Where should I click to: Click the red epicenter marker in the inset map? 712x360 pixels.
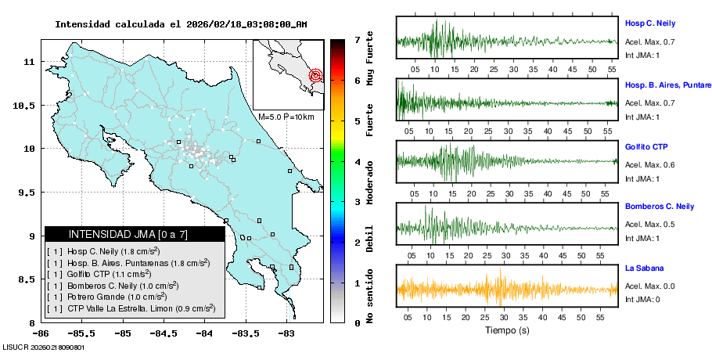click(x=315, y=76)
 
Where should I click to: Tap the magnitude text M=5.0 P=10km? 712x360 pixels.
click(x=286, y=117)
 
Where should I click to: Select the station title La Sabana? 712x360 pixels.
click(x=644, y=268)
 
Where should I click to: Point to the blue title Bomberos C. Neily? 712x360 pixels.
click(x=660, y=207)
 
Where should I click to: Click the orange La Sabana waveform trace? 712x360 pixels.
click(x=507, y=289)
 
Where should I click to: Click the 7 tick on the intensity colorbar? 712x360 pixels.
click(x=357, y=39)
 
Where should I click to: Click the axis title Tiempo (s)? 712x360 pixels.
click(x=507, y=330)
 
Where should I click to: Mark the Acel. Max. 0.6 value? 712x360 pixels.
click(x=650, y=165)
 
